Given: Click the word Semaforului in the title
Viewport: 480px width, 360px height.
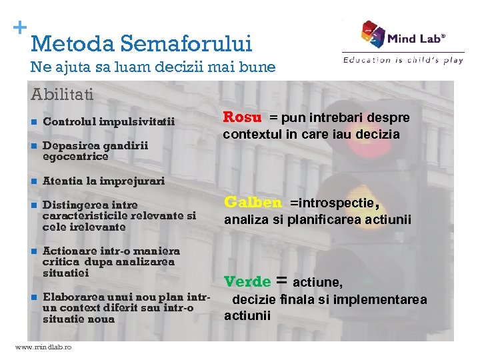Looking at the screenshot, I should [188, 44].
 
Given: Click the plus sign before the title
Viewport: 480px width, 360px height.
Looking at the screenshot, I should [20, 28].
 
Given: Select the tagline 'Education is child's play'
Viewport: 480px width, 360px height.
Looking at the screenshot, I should [403, 60].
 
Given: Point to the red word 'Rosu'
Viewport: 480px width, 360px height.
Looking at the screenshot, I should [242, 117].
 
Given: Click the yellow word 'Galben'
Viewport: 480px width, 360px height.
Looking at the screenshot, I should [253, 203].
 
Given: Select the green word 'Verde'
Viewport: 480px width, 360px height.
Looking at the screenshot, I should [247, 282].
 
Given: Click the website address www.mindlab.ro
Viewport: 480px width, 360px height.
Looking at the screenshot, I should [43, 347].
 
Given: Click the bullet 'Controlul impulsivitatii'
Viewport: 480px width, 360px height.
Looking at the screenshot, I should [109, 122].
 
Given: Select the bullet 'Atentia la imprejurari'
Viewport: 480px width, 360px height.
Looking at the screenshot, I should [103, 181].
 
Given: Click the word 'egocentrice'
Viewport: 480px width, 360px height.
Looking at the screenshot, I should [75, 157].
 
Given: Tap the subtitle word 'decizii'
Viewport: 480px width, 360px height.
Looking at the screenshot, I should [167, 67].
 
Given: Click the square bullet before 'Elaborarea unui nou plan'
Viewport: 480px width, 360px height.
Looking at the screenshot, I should [33, 297].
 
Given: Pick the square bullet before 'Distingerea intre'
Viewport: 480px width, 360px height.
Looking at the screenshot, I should [33, 205].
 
